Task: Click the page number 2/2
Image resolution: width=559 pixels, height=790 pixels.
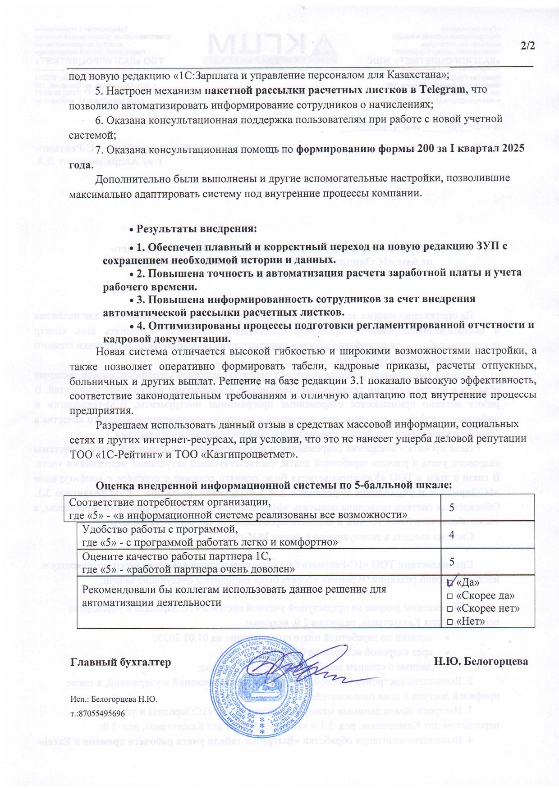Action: [527, 46]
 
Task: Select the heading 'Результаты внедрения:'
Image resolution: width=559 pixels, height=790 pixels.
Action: [196, 228]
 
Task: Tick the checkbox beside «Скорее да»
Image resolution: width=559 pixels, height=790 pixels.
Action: [449, 596]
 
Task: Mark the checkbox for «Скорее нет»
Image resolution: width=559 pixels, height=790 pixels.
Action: [449, 609]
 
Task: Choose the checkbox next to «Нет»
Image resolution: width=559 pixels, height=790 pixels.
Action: [449, 622]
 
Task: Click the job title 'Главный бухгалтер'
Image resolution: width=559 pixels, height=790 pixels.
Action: [121, 662]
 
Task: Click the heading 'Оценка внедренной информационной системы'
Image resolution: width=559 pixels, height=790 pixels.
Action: [274, 485]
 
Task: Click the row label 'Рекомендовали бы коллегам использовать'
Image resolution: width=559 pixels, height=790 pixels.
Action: [234, 589]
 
